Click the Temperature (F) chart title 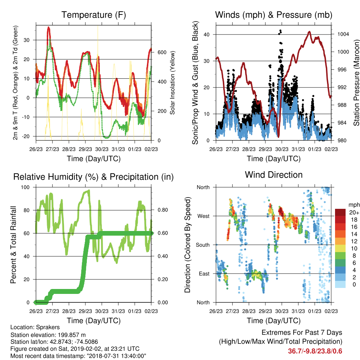coord(94,15)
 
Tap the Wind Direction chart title coord(274,175)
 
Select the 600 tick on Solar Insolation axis coord(162,52)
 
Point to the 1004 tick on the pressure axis coord(343,34)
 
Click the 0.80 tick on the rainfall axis coord(162,210)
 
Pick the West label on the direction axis coord(203,216)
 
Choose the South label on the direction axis coord(202,245)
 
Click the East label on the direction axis coord(204,274)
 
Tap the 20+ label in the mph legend coord(354,212)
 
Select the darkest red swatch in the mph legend coord(340,212)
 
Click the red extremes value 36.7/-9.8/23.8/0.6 coord(315,351)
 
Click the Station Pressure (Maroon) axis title coord(356,83)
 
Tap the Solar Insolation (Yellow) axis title coord(172,83)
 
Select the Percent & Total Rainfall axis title coord(13,245)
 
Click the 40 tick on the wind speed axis coord(206,35)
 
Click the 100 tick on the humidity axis coord(25,187)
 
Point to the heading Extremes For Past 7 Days coord(302,333)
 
